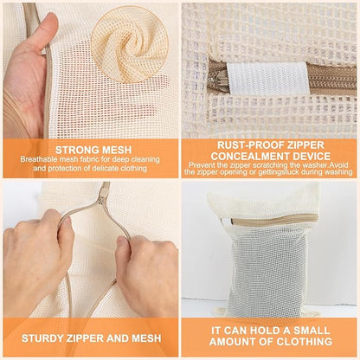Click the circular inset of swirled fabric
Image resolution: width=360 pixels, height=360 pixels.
coord(129,39)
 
